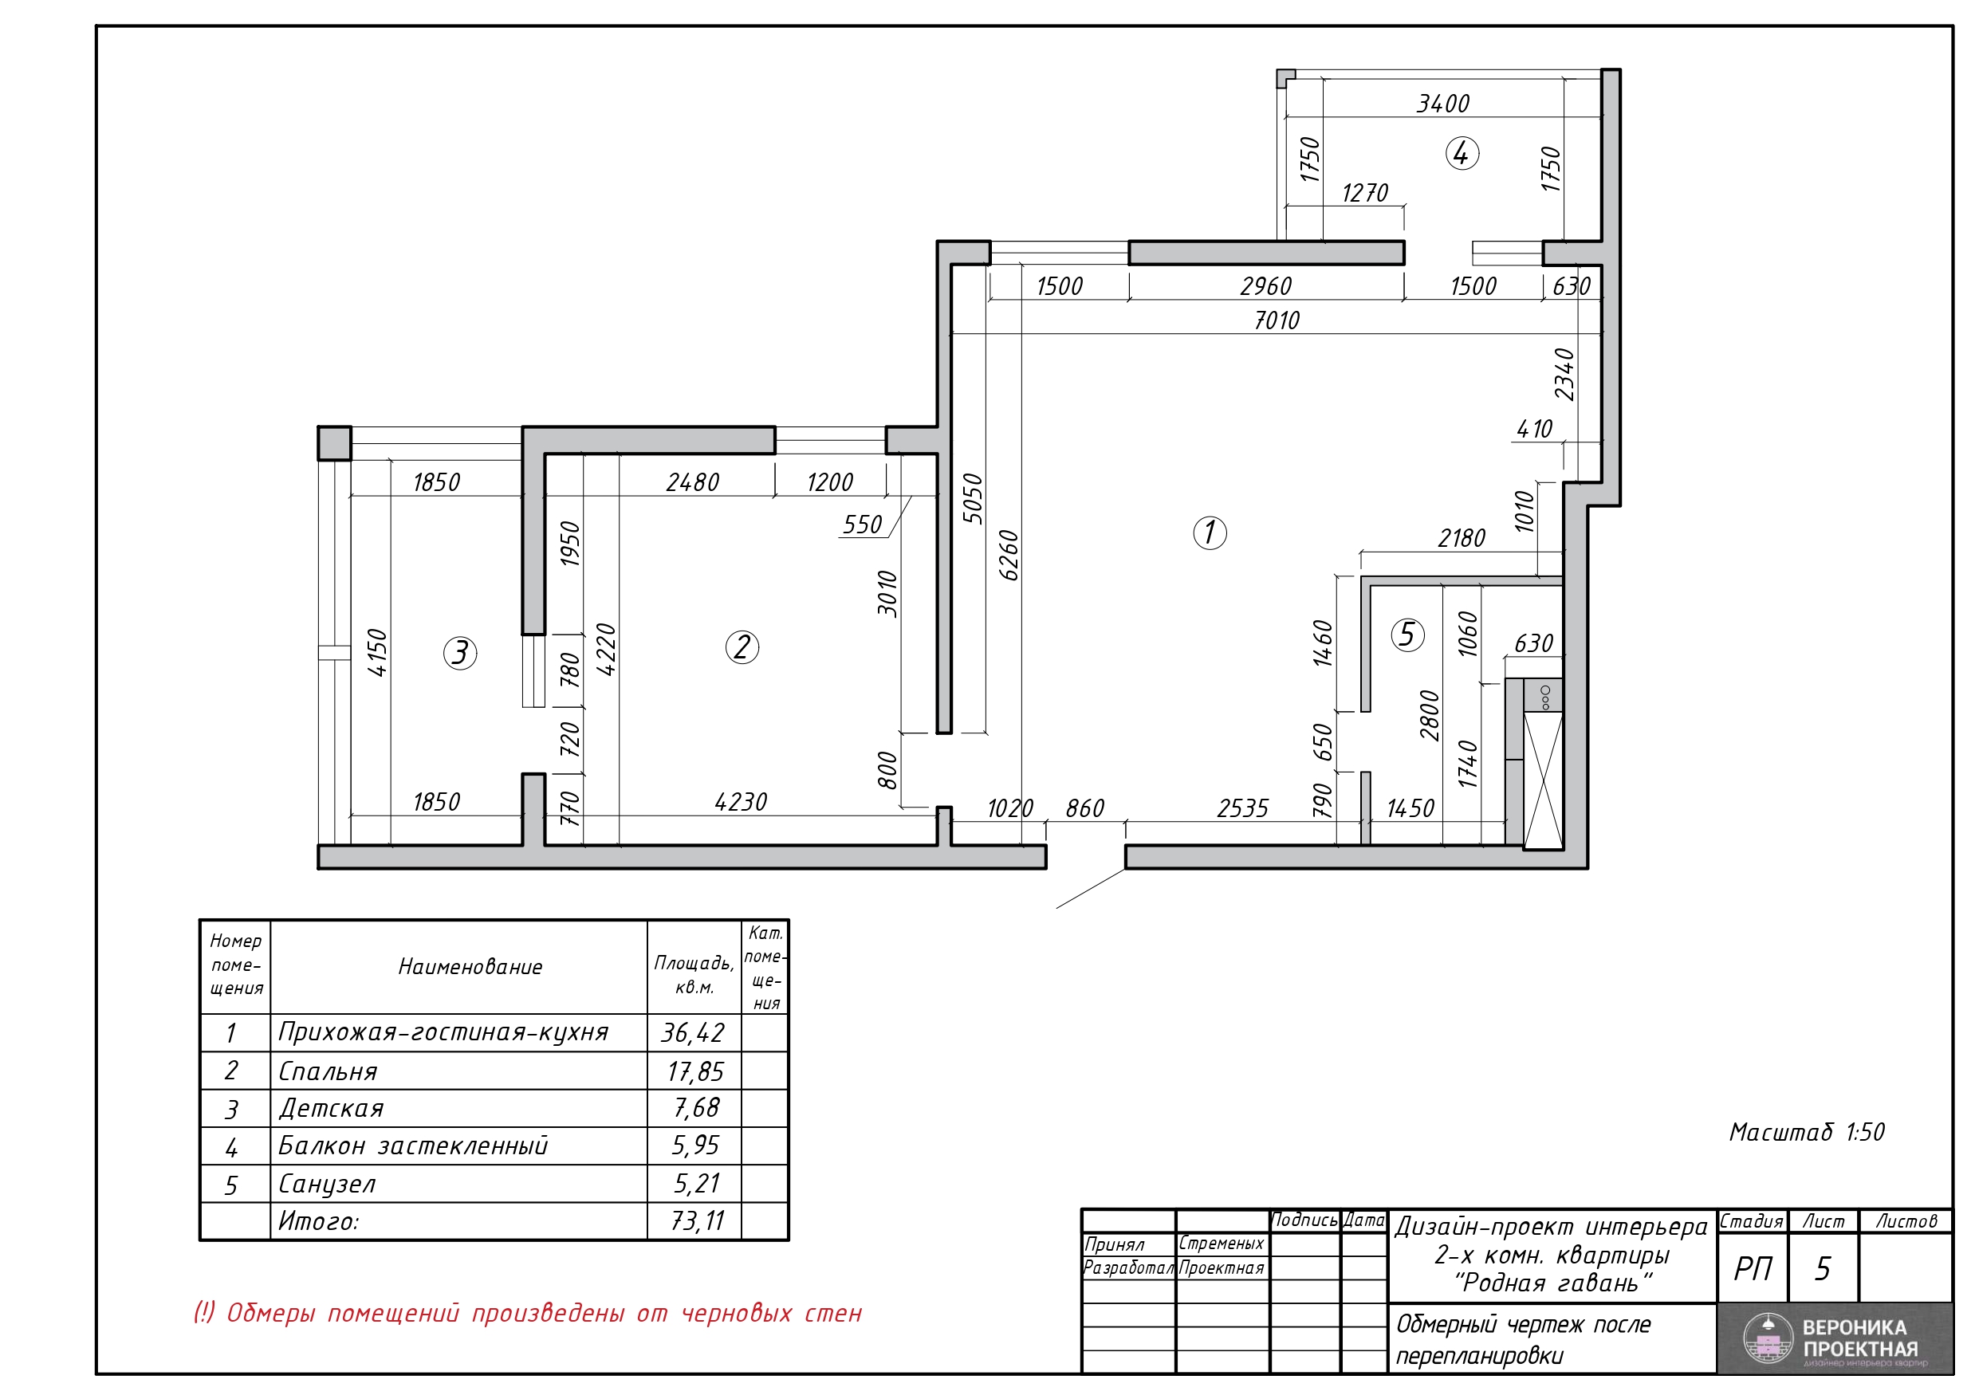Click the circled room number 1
pos(1210,532)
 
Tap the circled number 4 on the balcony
pos(1462,153)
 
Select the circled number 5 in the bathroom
pos(1407,635)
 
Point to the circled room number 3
pos(460,653)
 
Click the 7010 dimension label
pos(1277,320)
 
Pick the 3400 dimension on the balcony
pos(1443,104)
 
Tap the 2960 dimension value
pos(1265,286)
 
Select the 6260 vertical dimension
pos(1009,555)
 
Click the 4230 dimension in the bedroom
pos(741,803)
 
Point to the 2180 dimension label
pos(1461,539)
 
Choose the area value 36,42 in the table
pos(693,1032)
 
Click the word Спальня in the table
pos(328,1071)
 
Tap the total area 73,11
pos(698,1220)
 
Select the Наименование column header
pos(470,967)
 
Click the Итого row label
pos(318,1221)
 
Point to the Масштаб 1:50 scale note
pos(1807,1132)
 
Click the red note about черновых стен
pos(528,1313)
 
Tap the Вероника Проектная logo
pos(1835,1338)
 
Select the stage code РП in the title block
pos(1753,1269)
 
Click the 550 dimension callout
pos(862,525)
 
